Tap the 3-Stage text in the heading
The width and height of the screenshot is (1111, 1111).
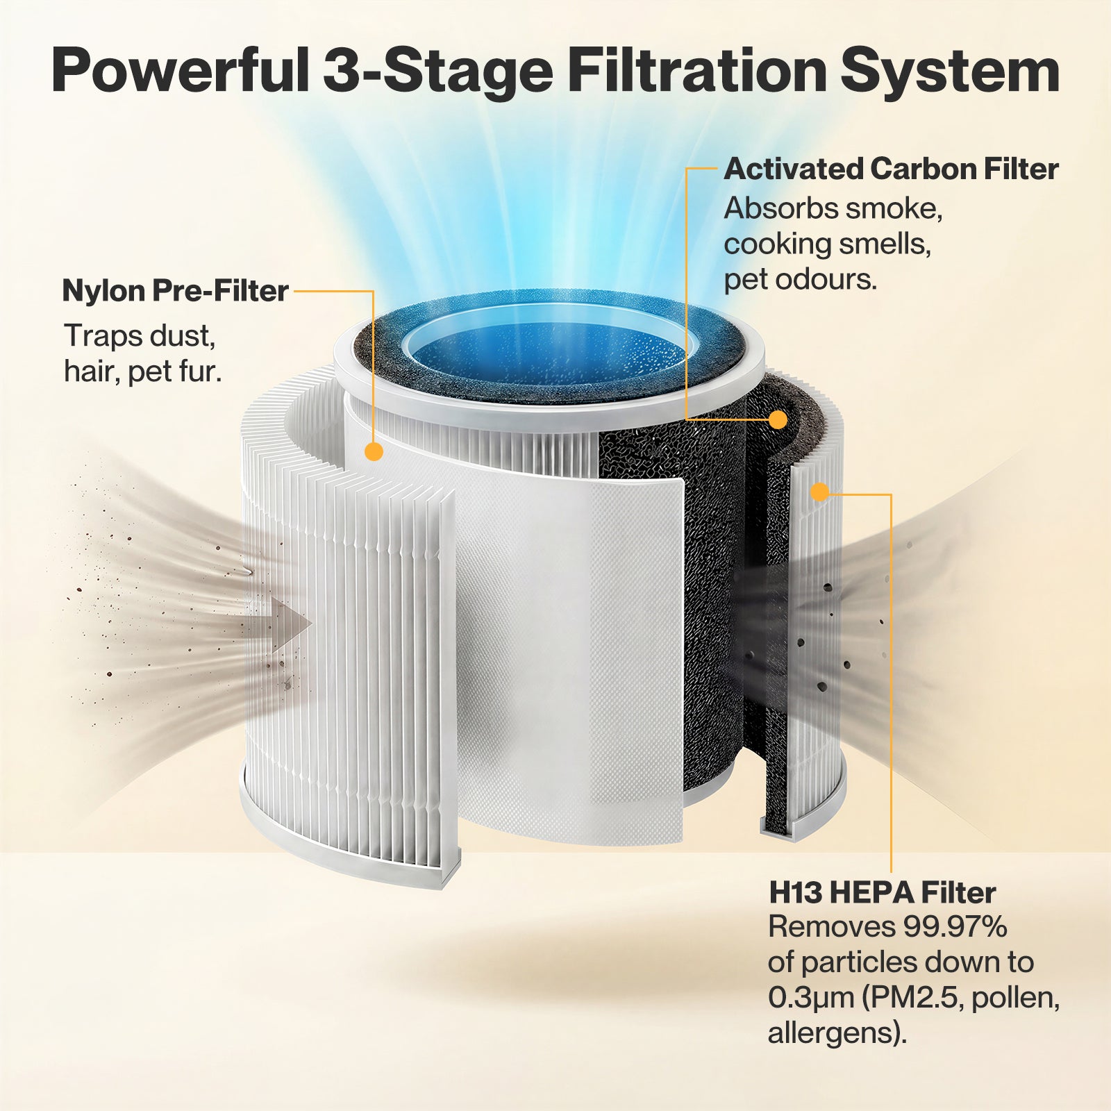pos(438,71)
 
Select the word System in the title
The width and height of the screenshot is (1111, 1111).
pos(951,71)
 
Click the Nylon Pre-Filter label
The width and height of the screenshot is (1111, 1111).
pos(175,291)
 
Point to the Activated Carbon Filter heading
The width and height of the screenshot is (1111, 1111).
pos(891,169)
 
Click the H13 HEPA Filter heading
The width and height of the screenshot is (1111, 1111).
pos(882,893)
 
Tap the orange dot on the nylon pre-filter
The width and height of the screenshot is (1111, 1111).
pos(374,451)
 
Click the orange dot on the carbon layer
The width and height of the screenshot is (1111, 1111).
pos(778,419)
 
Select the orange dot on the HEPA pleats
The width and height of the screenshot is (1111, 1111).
pos(820,492)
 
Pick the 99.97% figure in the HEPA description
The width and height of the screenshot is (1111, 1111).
pos(955,927)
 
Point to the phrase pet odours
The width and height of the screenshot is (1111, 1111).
pos(801,280)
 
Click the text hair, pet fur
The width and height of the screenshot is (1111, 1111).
pos(142,372)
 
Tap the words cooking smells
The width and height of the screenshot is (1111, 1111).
pos(827,244)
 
